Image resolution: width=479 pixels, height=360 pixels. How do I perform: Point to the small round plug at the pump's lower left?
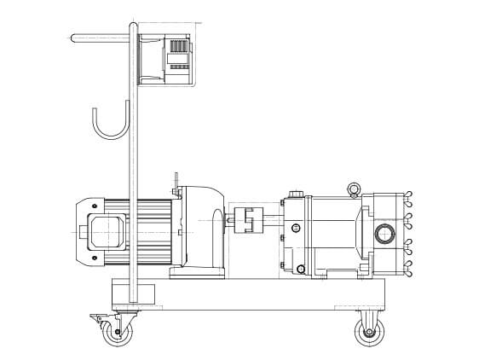pos(300,270)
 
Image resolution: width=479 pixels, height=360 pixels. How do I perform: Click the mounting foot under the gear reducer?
pos(198,274)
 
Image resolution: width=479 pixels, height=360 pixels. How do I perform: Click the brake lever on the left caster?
pos(95,316)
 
